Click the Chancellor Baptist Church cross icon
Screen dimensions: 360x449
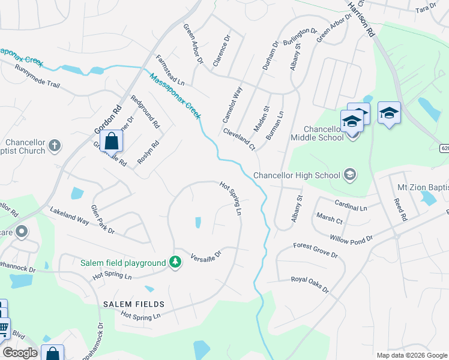[55, 145]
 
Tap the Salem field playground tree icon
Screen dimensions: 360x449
[175, 263]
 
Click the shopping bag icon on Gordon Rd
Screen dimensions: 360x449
[112, 142]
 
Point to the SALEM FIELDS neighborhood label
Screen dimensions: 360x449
[133, 305]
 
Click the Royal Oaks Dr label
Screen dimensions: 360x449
[310, 284]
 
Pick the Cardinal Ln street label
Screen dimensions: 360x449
[351, 205]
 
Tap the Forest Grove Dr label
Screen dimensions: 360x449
[316, 250]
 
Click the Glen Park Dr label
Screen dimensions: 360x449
[102, 220]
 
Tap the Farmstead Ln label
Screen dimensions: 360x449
[170, 70]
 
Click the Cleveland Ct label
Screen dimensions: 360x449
[240, 139]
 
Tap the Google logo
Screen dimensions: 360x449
[20, 353]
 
